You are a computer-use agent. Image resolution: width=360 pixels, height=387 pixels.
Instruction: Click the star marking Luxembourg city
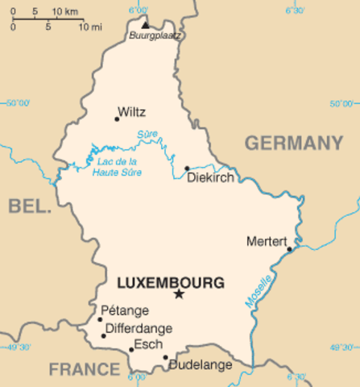pyautogui.click(x=179, y=294)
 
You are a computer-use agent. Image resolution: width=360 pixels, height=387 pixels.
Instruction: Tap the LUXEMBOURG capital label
pyautogui.click(x=170, y=283)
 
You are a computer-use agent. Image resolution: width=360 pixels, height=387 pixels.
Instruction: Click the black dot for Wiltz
pyautogui.click(x=117, y=119)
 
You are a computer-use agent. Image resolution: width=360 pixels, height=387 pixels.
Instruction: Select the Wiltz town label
pyautogui.click(x=131, y=112)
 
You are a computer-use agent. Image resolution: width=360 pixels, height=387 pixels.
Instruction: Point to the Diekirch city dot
pyautogui.click(x=187, y=169)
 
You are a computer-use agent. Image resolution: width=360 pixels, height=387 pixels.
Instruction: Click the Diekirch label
pyautogui.click(x=209, y=177)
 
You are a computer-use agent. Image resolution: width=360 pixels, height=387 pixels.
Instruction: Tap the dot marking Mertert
pyautogui.click(x=289, y=249)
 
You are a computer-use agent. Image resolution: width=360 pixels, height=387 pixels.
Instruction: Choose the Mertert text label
pyautogui.click(x=266, y=240)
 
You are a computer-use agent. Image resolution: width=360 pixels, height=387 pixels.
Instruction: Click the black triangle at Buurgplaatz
pyautogui.click(x=145, y=25)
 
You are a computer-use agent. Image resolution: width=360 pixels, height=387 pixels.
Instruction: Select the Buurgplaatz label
pyautogui.click(x=156, y=36)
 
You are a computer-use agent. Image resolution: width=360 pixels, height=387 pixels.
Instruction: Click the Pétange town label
pyautogui.click(x=125, y=310)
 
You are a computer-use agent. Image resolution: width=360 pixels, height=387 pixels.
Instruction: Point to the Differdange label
pyautogui.click(x=139, y=329)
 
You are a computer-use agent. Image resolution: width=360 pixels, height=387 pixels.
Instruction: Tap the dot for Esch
pyautogui.click(x=131, y=350)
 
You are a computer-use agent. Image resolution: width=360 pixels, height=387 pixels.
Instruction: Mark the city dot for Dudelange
pyautogui.click(x=166, y=357)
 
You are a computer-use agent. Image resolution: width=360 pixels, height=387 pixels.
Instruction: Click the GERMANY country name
pyautogui.click(x=293, y=144)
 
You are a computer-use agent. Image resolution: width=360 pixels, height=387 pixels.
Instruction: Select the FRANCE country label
pyautogui.click(x=85, y=369)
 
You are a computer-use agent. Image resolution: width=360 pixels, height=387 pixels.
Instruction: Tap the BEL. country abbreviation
pyautogui.click(x=30, y=206)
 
